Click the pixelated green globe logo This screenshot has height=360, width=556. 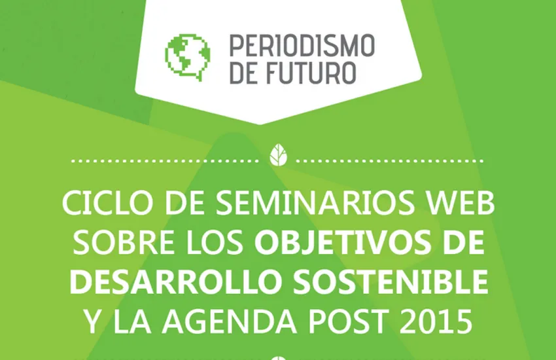point(188,58)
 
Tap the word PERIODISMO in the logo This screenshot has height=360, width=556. point(302,45)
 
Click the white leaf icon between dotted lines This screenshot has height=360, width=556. point(279,155)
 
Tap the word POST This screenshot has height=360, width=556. point(347,321)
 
